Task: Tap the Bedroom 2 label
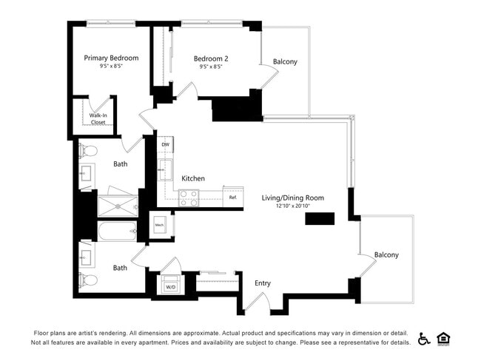(211, 58)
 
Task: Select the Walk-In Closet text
(98, 119)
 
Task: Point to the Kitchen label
(193, 178)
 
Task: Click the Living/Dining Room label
(292, 198)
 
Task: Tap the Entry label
(263, 283)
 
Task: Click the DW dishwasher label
(166, 145)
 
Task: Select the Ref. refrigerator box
(232, 198)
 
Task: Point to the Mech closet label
(159, 224)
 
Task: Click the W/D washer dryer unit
(170, 286)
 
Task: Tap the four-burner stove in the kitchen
(189, 198)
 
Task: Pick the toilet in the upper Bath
(89, 151)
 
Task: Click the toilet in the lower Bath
(89, 280)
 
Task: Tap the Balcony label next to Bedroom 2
(285, 61)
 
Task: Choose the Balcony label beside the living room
(386, 254)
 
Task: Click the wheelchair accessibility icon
(424, 339)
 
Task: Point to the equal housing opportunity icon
(444, 339)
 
